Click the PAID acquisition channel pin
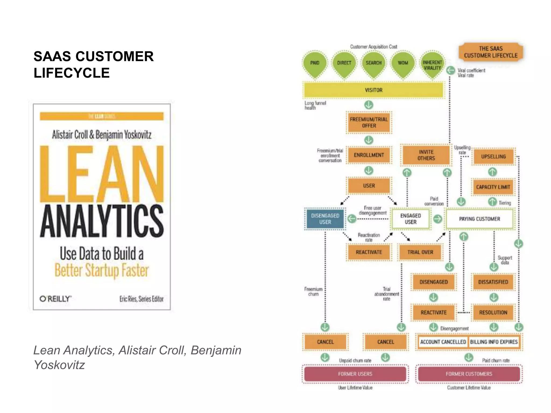tap(315, 63)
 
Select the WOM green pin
tap(403, 63)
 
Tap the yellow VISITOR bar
tap(373, 90)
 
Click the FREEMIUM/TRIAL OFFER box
tap(369, 123)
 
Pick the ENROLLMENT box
tap(369, 155)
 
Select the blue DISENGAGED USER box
tap(325, 219)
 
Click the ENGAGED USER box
tap(411, 219)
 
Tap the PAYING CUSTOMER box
tap(479, 219)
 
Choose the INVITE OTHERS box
tap(426, 155)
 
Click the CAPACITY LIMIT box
tap(493, 187)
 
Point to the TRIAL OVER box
tap(420, 252)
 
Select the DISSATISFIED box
tap(493, 282)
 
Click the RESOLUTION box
tap(493, 312)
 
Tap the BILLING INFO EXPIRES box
tap(494, 342)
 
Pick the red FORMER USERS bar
tap(355, 374)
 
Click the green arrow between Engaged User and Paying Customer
tap(438, 219)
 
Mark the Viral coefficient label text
tap(471, 70)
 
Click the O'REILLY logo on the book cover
tap(55, 299)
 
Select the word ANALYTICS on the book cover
tap(102, 221)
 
